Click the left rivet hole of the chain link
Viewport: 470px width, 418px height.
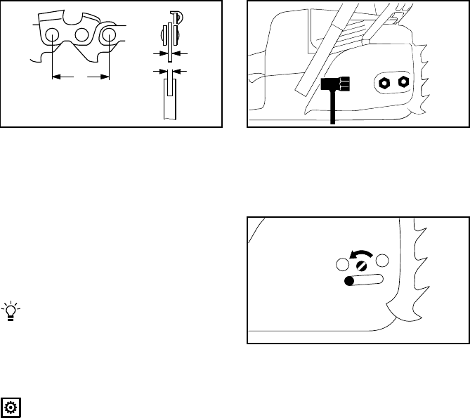pos(52,35)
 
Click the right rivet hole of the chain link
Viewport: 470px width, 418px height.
pos(109,35)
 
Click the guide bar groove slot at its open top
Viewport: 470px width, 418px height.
pos(169,82)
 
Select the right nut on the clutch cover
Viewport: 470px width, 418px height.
pos(404,81)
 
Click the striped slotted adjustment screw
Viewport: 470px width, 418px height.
pos(361,266)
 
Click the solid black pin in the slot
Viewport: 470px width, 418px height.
pos(348,281)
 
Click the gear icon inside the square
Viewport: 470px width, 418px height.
pos(12,405)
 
